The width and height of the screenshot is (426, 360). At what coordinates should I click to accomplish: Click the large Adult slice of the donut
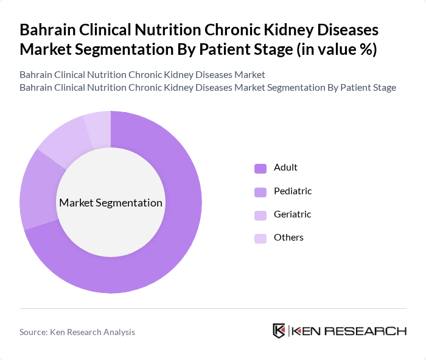[x=176, y=244]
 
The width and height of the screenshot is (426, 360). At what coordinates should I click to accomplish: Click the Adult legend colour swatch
[x=260, y=168]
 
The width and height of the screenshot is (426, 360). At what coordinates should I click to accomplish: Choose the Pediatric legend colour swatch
[x=260, y=192]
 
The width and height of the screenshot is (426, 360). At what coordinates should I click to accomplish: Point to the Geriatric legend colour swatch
[x=260, y=215]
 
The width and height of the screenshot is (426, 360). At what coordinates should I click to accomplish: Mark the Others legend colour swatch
[x=260, y=238]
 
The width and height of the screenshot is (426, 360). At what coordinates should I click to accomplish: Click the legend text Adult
[x=285, y=168]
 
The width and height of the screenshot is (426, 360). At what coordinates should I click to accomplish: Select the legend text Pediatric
[x=293, y=191]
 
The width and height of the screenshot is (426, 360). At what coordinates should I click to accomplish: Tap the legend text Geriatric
[x=292, y=214]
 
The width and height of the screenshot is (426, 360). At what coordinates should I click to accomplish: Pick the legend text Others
[x=288, y=238]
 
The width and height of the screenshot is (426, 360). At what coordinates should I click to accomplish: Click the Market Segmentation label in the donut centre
[x=111, y=203]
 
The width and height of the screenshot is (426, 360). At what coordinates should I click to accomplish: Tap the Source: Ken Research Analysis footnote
[x=77, y=332]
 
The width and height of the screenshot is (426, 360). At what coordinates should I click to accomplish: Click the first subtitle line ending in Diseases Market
[x=142, y=75]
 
